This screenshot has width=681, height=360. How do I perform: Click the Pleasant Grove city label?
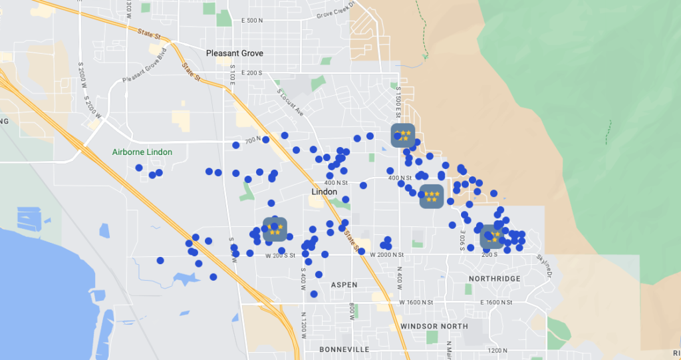point(234,53)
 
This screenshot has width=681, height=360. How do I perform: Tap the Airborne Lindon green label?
point(142,152)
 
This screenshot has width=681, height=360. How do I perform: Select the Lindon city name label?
point(325,192)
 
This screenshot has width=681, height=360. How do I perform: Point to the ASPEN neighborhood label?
point(344,285)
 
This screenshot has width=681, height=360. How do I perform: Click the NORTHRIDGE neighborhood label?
point(494,279)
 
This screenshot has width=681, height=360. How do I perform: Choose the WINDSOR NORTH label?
point(434,327)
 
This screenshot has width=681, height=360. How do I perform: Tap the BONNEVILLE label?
point(344,349)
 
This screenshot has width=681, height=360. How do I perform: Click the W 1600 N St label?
point(420,303)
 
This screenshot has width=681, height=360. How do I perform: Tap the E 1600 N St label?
point(495,303)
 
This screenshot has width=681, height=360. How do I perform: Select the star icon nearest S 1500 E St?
point(403,135)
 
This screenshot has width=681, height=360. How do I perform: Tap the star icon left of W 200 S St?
point(275,230)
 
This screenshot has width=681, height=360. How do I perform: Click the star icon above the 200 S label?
point(492,236)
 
